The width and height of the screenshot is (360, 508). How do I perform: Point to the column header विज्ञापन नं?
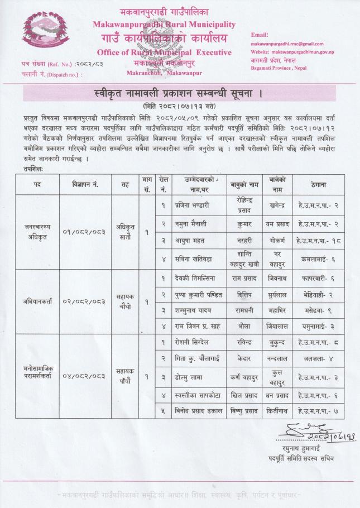[85, 184]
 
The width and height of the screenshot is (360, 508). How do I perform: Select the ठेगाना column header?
[316, 184]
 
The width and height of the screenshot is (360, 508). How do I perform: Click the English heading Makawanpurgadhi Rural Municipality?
[164, 25]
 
